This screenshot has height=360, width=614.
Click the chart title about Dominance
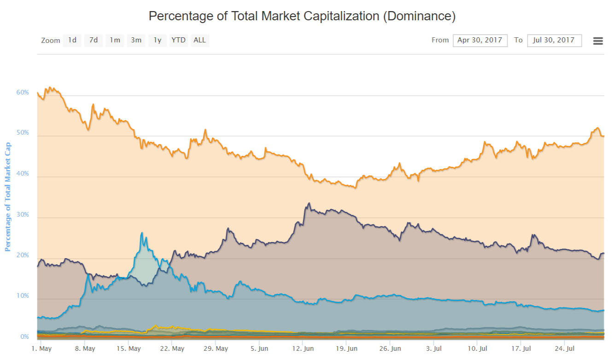[x=302, y=17]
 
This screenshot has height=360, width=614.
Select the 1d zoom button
[x=72, y=40]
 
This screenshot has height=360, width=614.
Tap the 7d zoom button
[x=94, y=40]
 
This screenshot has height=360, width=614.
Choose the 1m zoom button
[x=115, y=40]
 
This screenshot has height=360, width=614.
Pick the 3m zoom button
[x=136, y=40]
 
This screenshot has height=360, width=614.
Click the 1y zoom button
[x=158, y=40]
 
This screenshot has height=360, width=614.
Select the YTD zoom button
[x=178, y=40]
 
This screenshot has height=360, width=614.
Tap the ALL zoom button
[x=199, y=40]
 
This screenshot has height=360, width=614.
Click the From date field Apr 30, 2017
[x=480, y=40]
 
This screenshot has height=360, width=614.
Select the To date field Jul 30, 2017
[x=554, y=40]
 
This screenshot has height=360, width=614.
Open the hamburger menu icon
[x=598, y=41]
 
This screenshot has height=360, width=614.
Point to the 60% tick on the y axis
[x=23, y=93]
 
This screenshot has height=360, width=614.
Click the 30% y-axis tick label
[x=23, y=215]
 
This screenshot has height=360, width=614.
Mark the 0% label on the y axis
[x=24, y=337]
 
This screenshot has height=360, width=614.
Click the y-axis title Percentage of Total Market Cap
[x=7, y=197]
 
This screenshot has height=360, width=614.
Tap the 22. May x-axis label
[x=171, y=349]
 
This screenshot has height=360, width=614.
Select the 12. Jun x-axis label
[x=303, y=349]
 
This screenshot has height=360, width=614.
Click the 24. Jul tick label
[x=565, y=349]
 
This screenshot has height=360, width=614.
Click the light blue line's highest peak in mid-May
[x=142, y=233]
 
